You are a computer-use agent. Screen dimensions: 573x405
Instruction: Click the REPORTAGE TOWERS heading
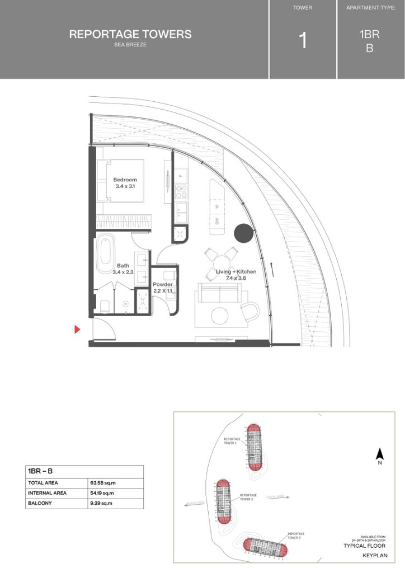click(x=130, y=34)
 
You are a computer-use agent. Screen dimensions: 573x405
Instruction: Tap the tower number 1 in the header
click(x=303, y=41)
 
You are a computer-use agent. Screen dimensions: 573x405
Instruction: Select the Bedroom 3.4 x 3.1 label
click(x=125, y=182)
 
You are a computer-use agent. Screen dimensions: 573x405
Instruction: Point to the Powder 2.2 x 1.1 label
click(x=163, y=288)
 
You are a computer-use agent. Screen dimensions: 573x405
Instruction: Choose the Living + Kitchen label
click(x=236, y=275)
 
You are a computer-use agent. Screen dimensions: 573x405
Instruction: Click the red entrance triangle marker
click(x=78, y=330)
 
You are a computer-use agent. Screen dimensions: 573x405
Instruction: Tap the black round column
click(x=244, y=233)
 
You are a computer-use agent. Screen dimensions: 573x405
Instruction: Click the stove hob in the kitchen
click(x=181, y=192)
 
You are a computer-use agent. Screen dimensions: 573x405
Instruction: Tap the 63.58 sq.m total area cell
click(x=103, y=482)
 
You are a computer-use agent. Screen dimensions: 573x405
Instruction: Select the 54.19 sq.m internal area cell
click(x=103, y=493)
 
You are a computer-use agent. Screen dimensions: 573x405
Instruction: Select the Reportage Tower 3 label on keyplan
click(x=295, y=536)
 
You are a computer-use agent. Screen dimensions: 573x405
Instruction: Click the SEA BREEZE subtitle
click(x=130, y=45)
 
